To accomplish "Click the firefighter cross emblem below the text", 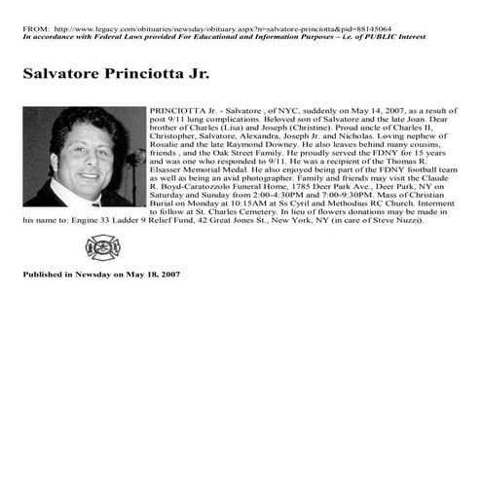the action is [98, 247].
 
